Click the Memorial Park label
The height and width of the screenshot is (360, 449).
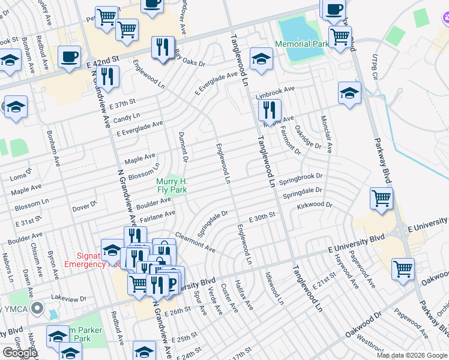point(301,44)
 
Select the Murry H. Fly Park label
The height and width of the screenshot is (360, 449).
point(172,186)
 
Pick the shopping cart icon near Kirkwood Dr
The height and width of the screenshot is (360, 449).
point(382,199)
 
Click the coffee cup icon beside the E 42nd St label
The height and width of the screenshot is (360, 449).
point(69,58)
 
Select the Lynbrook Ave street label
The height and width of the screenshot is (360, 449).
point(275,89)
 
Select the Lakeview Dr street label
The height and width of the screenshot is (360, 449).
point(69,298)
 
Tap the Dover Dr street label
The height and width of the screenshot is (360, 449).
point(85,206)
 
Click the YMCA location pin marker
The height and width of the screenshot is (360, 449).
point(37,309)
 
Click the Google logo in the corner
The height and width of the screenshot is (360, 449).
point(19,353)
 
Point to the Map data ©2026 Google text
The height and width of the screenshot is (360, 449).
point(412,355)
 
